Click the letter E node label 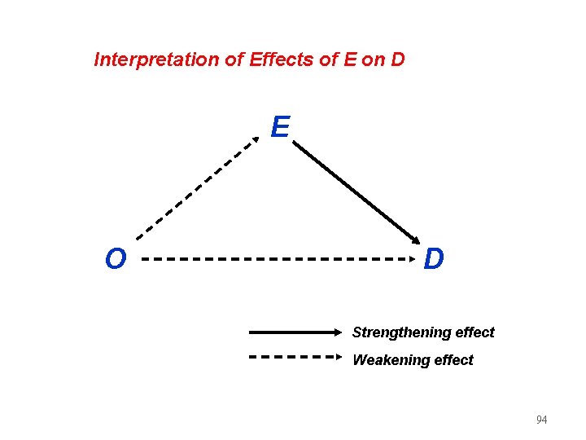(280, 127)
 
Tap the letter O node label (116, 259)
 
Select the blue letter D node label (434, 259)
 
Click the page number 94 (541, 420)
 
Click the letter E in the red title (349, 59)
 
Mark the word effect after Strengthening (475, 332)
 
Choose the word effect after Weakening (453, 359)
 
